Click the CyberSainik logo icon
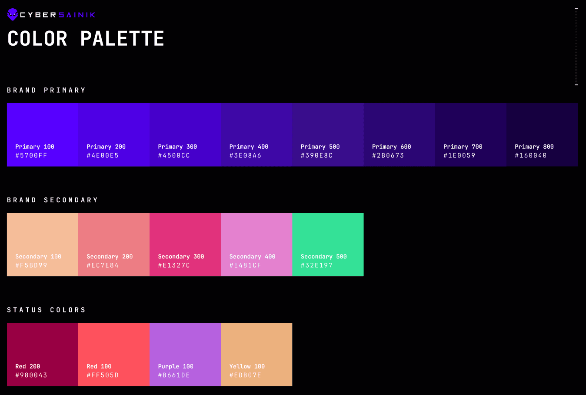coord(13,14)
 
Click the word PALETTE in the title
coord(122,39)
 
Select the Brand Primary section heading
coord(46,90)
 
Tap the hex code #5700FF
coord(31,155)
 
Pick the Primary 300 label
coord(177,147)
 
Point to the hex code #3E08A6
coord(245,155)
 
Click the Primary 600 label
coord(391,147)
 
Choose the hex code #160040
coord(531,155)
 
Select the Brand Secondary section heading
coord(52,200)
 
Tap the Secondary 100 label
coord(38,257)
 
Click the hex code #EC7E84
coord(103,265)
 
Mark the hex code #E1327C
coord(174,265)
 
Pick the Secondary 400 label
coord(252,257)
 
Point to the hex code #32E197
coord(316,265)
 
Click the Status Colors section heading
coord(46,310)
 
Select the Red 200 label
coord(27,366)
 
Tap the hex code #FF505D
coord(103,375)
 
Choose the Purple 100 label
coord(176,366)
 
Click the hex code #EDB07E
coord(245,375)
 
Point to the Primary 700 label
coord(463,147)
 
